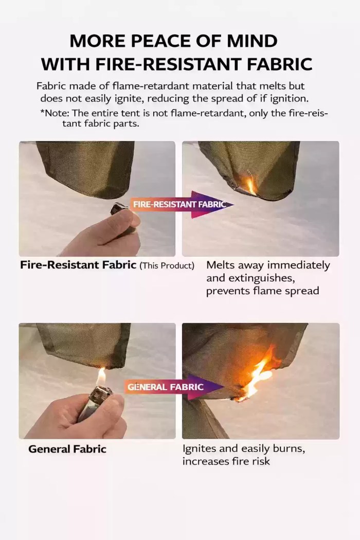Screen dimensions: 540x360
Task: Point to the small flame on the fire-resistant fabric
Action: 251,185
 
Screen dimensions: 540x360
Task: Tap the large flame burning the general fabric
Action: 257,375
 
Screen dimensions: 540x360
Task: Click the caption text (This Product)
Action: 167,266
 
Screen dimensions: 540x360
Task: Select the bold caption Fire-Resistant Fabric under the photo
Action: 78,266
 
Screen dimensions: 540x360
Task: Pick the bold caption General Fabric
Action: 67,449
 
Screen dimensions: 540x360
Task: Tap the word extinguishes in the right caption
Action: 257,278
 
